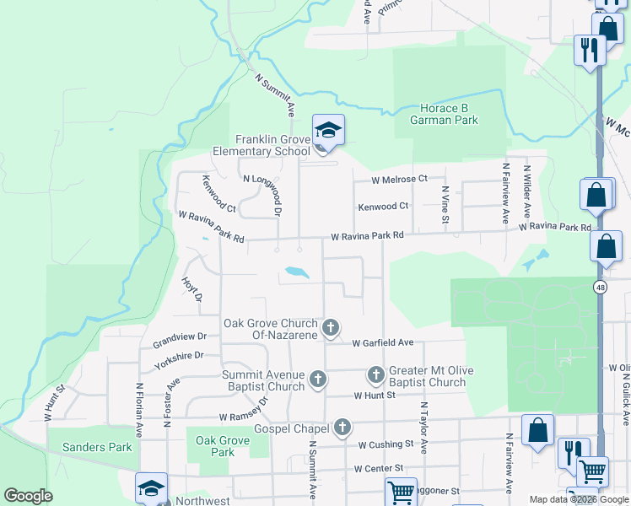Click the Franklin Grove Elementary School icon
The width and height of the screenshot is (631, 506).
coord(328,130)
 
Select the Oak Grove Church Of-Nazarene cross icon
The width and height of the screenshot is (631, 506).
coord(331,326)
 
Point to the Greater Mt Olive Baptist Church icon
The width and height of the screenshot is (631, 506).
coord(376,374)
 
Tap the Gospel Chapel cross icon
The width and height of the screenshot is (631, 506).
coord(342,428)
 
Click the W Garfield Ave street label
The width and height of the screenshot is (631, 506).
coord(383,343)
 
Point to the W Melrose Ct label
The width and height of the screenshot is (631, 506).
coord(401,180)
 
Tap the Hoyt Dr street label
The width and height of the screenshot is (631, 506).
coord(192,288)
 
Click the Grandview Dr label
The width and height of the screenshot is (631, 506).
coord(180,340)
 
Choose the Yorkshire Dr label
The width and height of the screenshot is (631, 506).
coord(180,361)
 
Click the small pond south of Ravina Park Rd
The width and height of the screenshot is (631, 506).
coord(296,272)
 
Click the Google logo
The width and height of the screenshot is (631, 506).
coord(29,496)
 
